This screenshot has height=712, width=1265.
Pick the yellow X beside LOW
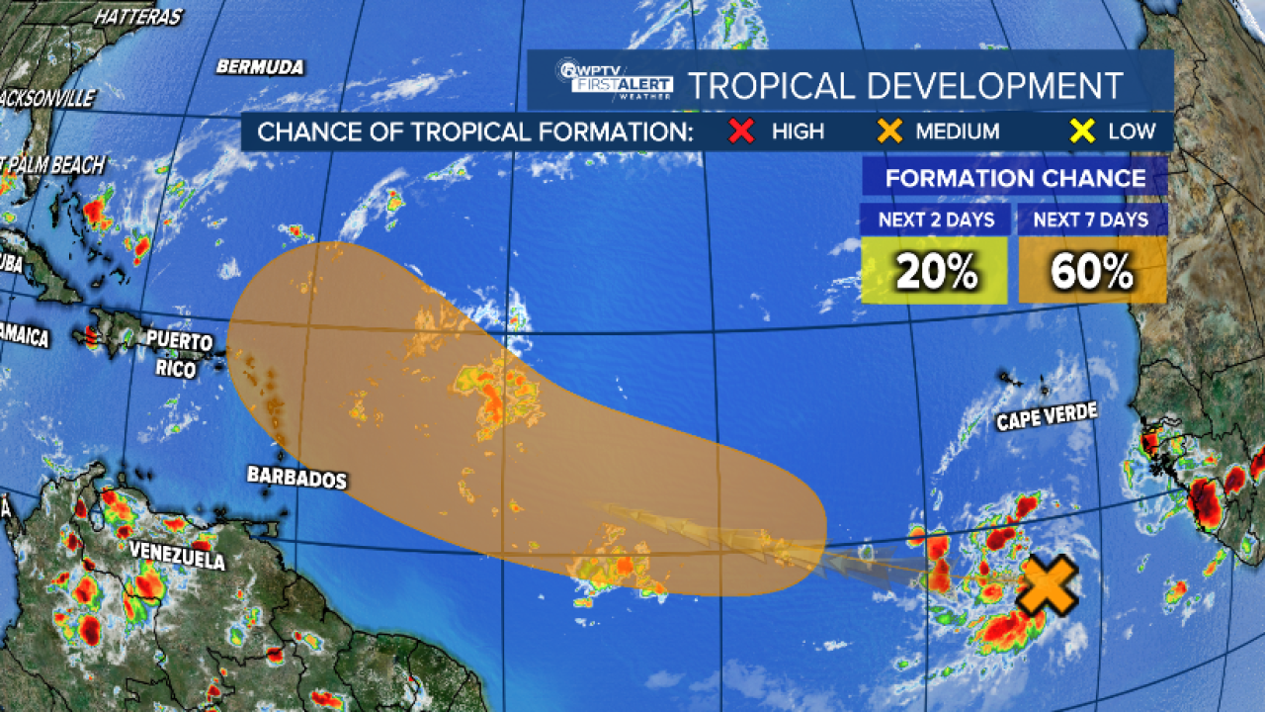[1083, 131]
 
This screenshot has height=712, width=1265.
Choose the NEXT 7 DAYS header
[1092, 220]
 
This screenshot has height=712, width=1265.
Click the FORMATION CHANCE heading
[1015, 179]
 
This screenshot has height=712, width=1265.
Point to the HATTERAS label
[139, 17]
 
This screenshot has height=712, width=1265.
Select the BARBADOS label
[296, 478]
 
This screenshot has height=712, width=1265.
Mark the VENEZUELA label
[177, 555]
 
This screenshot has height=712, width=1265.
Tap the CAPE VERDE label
[1047, 417]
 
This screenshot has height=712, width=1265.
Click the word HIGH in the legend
[799, 131]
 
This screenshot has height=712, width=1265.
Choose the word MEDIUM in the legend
[957, 131]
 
